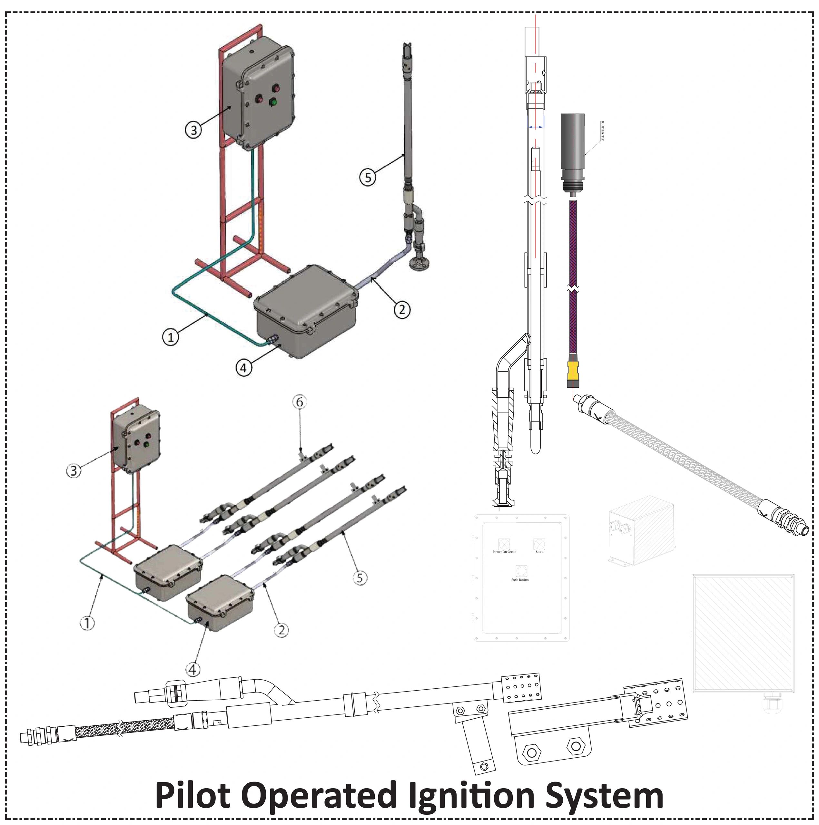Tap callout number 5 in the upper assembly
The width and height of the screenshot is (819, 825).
click(368, 177)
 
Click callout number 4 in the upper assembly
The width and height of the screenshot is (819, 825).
click(243, 368)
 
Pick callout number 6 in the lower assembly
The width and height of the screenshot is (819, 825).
click(300, 402)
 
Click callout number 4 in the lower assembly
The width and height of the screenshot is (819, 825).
click(193, 670)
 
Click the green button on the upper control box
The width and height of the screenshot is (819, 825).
click(272, 102)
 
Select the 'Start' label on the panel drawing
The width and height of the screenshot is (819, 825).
click(539, 552)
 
